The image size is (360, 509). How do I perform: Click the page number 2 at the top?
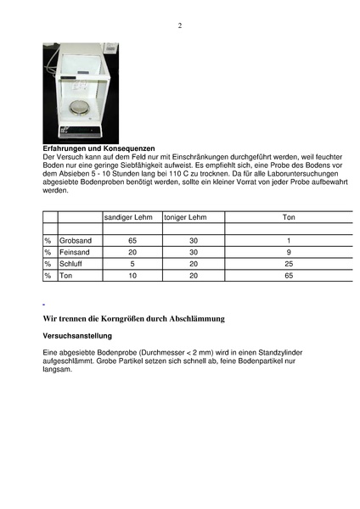coord(180,25)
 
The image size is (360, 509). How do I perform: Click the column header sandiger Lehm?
coord(128,217)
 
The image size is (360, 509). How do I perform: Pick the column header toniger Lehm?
coord(184,217)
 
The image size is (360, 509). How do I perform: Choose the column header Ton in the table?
coord(289,217)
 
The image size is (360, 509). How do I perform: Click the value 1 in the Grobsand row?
coord(289,241)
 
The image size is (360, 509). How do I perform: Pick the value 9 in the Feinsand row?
coord(289,252)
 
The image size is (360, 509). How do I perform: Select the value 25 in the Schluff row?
coord(289,264)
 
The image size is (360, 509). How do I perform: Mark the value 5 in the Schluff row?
coord(132,264)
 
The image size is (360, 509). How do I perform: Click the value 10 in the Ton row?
coord(132,276)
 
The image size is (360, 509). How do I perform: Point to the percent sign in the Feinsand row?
coord(48,252)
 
